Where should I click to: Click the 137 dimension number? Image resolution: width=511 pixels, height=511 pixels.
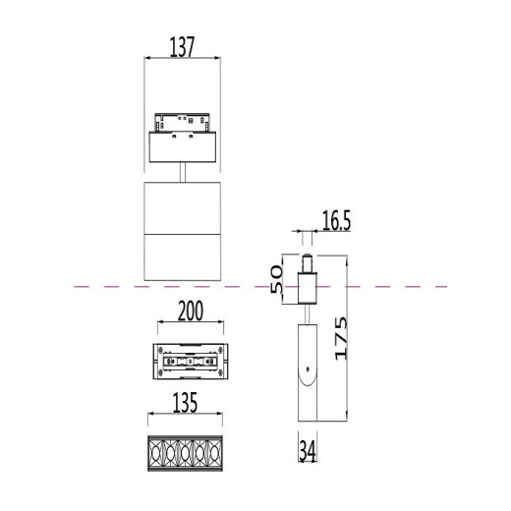click(x=182, y=45)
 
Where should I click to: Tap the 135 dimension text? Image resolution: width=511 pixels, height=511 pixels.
click(x=183, y=402)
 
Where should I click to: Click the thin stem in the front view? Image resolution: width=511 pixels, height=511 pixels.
click(x=183, y=173)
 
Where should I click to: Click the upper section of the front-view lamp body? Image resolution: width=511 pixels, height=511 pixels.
click(x=183, y=207)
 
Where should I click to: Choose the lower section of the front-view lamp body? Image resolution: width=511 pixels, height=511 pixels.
click(x=183, y=257)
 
